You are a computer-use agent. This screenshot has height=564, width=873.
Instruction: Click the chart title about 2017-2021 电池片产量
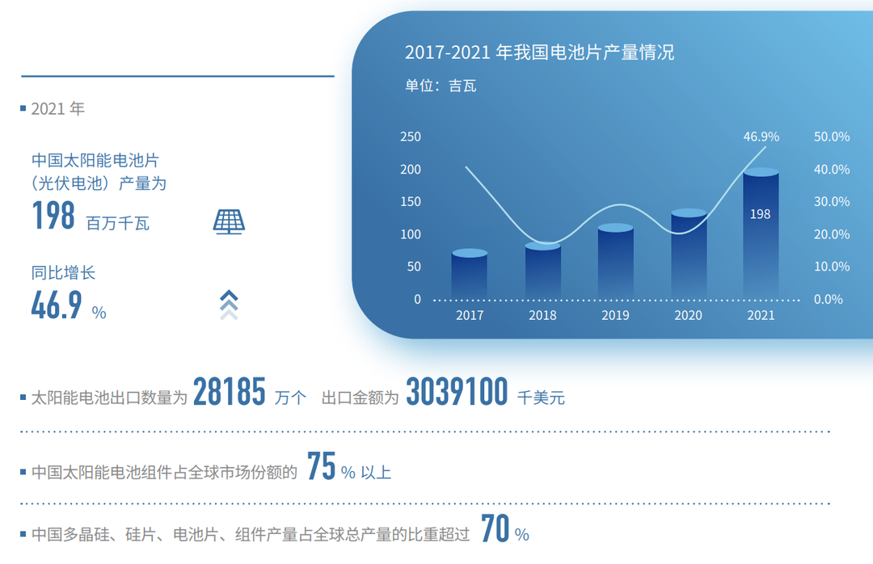click(x=539, y=53)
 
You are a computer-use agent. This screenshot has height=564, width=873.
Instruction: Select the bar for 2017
click(x=470, y=274)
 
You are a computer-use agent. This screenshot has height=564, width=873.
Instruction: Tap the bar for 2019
click(x=615, y=261)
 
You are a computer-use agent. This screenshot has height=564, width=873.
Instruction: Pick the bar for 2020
click(x=689, y=254)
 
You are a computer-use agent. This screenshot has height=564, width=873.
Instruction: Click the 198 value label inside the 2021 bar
click(x=760, y=214)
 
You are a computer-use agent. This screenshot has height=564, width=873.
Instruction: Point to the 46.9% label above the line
click(x=761, y=137)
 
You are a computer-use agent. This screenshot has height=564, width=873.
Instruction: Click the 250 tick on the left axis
click(x=411, y=137)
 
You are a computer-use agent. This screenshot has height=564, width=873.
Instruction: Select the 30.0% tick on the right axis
click(x=832, y=201)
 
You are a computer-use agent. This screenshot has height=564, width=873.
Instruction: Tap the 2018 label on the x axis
click(x=542, y=315)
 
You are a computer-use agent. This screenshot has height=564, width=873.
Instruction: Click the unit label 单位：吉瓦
click(x=441, y=86)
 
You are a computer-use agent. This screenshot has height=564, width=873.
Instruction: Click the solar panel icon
click(x=229, y=221)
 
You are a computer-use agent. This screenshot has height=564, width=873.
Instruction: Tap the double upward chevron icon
click(x=229, y=305)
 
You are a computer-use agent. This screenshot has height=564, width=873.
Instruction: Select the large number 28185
click(x=230, y=391)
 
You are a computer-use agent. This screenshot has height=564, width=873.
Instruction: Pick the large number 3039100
click(x=457, y=391)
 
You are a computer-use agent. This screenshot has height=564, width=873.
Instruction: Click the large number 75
click(x=321, y=466)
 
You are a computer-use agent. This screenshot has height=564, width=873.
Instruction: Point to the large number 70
click(x=495, y=528)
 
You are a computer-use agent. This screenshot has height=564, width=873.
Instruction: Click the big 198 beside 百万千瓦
click(x=53, y=216)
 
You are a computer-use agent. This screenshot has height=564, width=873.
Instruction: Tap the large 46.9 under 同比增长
click(x=57, y=305)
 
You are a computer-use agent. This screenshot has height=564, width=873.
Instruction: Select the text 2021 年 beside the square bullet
click(x=58, y=108)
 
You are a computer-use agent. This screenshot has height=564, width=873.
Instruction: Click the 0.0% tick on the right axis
click(x=829, y=300)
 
